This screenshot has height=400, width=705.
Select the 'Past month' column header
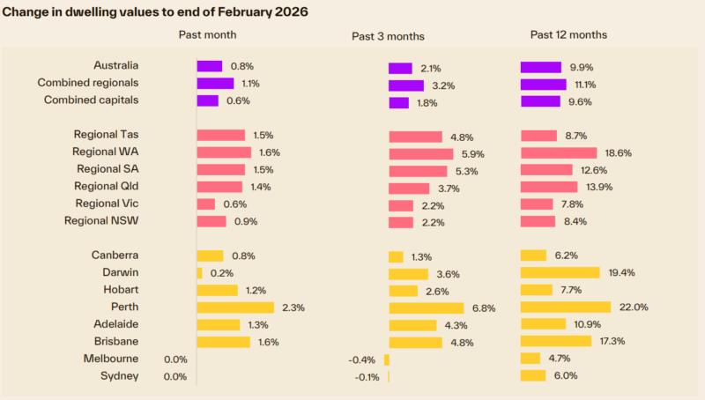click(x=207, y=34)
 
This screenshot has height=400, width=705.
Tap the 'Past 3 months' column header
click(x=388, y=36)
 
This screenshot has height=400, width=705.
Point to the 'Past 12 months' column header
click(x=568, y=34)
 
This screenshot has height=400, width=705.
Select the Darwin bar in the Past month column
click(x=199, y=273)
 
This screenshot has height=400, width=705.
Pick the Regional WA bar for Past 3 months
click(x=420, y=153)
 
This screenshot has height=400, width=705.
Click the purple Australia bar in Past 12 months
click(x=541, y=67)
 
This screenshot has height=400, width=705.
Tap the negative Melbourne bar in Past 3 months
click(x=386, y=359)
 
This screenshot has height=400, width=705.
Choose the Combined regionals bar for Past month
click(x=215, y=84)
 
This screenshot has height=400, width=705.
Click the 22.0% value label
click(x=634, y=307)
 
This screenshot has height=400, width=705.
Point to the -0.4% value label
click(x=362, y=359)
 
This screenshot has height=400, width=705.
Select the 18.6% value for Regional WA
click(x=618, y=152)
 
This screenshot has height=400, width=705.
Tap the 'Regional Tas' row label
click(x=106, y=135)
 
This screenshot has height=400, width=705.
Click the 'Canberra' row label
click(x=115, y=256)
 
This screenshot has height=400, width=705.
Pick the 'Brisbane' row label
click(x=115, y=341)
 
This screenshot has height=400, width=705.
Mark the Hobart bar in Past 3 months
click(x=403, y=291)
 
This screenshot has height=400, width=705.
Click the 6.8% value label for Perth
click(x=483, y=308)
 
